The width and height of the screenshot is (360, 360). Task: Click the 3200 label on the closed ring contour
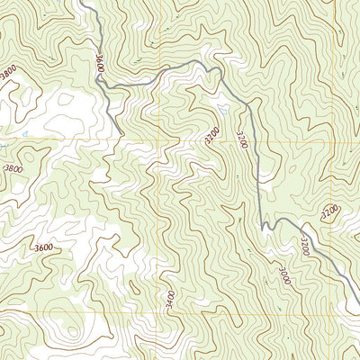point(211,136)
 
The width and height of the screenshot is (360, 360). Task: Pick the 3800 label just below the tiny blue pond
point(13,168)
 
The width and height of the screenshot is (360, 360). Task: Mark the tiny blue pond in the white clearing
point(27,135)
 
